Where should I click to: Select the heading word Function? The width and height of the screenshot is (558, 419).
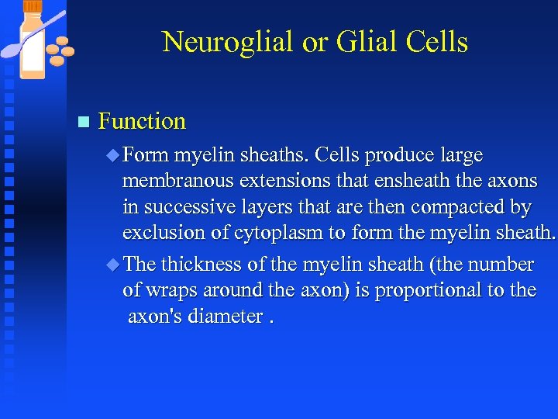point(143,121)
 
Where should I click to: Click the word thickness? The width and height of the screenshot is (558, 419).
point(202,265)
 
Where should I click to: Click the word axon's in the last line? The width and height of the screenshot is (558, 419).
point(158,317)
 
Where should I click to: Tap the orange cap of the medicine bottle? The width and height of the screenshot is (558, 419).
point(33,6)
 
